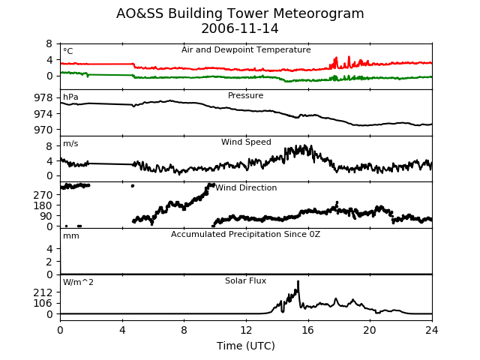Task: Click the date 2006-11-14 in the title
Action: click(240, 28)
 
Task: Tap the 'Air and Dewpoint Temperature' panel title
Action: click(246, 49)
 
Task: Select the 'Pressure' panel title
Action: click(245, 95)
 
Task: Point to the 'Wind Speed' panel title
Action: click(246, 142)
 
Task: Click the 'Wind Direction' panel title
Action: click(246, 187)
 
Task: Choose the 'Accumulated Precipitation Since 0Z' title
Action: click(245, 235)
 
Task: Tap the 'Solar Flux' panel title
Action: click(245, 280)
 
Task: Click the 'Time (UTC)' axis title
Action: click(246, 346)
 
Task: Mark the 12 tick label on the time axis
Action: click(246, 330)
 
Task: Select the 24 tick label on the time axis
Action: click(432, 330)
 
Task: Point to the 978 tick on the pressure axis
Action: click(43, 98)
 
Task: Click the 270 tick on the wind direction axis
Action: click(43, 195)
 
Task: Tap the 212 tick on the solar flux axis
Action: click(43, 292)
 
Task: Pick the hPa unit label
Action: click(70, 97)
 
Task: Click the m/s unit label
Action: click(70, 143)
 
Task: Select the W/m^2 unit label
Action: click(78, 282)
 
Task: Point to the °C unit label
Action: click(68, 51)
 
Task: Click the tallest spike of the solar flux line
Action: click(298, 281)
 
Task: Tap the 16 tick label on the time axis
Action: click(308, 330)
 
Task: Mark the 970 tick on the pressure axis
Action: click(43, 130)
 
